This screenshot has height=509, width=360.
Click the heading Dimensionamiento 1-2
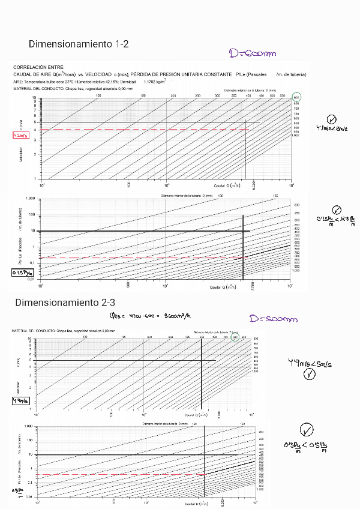point(79,44)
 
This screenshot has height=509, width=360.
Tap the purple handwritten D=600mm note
point(253,54)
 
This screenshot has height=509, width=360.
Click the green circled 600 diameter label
point(296,97)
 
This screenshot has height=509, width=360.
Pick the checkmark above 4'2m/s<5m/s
point(332,119)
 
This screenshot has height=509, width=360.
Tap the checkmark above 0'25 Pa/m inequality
point(336,209)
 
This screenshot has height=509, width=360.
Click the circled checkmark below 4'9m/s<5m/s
point(310,375)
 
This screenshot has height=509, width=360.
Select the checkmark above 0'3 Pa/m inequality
point(307,430)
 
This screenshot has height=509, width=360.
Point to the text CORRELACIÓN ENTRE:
point(39,67)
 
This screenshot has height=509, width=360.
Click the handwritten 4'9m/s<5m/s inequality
point(310,363)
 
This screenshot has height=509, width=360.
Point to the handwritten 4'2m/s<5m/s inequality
point(332,128)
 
